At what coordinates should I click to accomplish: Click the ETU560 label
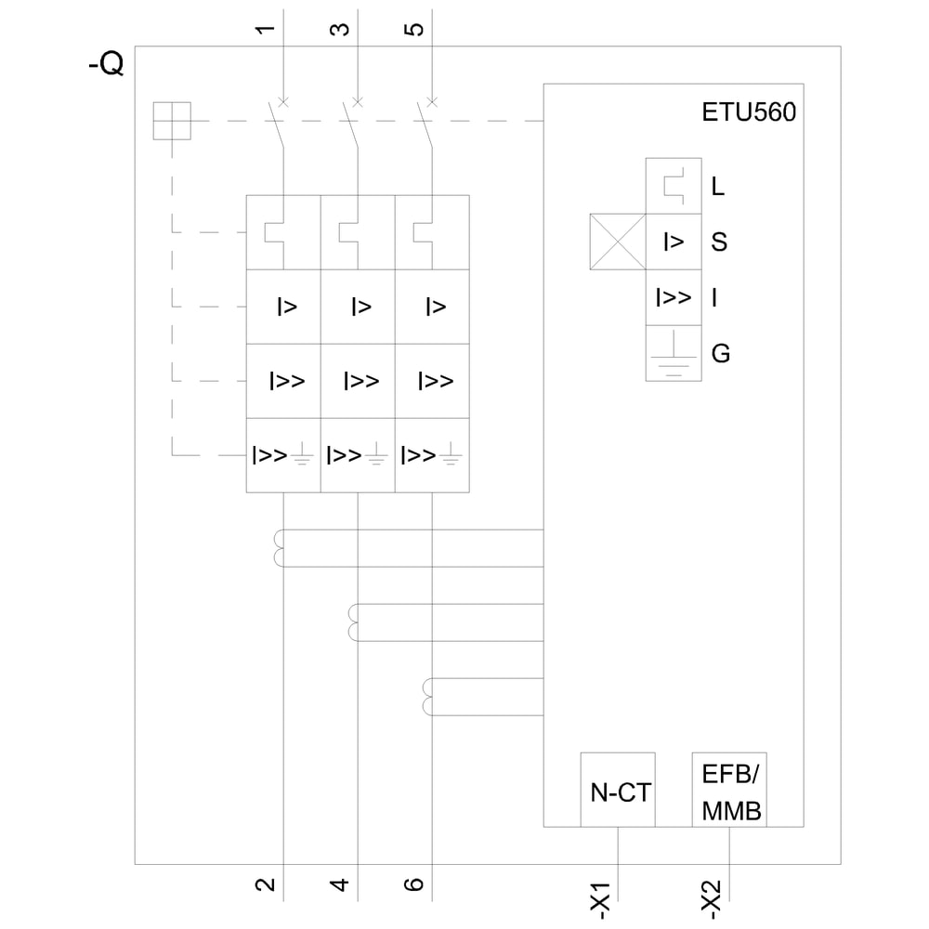pos(748,114)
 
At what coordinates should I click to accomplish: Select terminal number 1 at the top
pos(267,29)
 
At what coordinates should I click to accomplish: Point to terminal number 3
pos(341,29)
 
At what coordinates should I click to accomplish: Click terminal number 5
pos(415,29)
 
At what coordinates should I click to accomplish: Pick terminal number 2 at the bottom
pos(267,883)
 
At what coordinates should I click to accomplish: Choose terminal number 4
pos(341,883)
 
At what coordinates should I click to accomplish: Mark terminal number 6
pos(415,883)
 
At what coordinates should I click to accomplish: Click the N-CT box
pos(618,790)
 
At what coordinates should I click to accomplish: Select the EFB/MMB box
pos(729,790)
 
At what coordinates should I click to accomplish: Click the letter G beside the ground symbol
pos(720,354)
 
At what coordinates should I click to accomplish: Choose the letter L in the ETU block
pos(718,187)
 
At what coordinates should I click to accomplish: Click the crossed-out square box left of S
pos(618,242)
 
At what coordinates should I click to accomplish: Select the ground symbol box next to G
pos(674,353)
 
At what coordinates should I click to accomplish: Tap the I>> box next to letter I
pos(674,297)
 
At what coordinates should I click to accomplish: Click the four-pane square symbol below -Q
pos(172,121)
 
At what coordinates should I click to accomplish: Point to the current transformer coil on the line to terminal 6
pos(427,697)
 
